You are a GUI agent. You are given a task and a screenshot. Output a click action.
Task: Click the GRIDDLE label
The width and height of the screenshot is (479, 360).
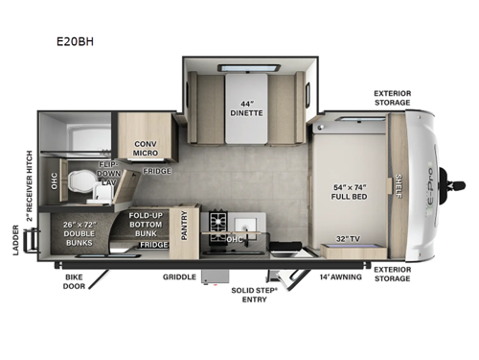tap(179, 276)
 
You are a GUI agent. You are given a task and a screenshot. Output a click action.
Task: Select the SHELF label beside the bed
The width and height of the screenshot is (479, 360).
tap(398, 182)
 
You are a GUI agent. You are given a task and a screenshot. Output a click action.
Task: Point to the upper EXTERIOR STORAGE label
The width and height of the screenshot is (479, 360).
tap(393, 99)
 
